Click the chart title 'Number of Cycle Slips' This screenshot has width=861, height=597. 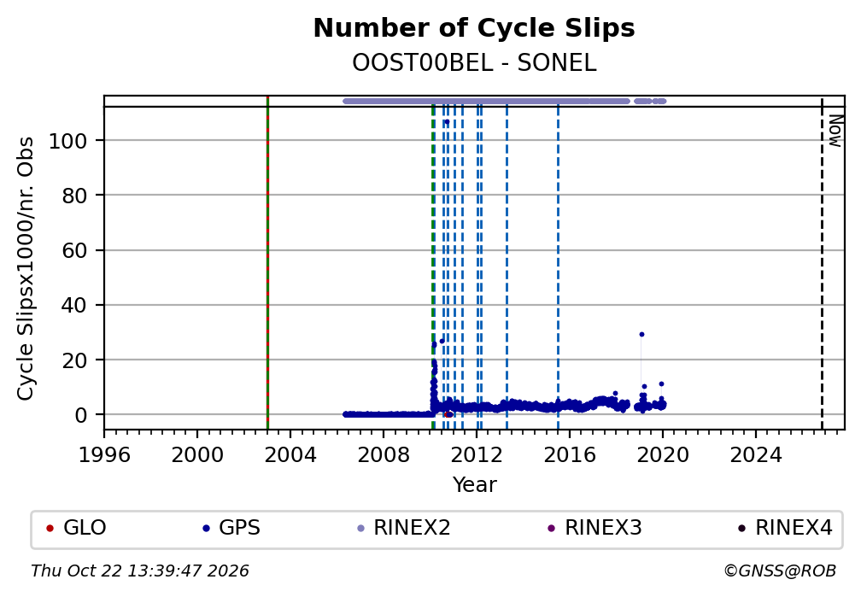pos(474,28)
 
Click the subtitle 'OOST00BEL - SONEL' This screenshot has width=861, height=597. pos(474,63)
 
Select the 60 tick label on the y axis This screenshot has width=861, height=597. pos(74,250)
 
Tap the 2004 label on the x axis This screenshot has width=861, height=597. pos(290,455)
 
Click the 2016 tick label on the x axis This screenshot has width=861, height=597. pos(570,455)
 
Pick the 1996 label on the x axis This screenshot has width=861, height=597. pos(104,455)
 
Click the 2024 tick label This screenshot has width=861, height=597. pos(756,455)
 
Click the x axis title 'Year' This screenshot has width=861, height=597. pos(474,484)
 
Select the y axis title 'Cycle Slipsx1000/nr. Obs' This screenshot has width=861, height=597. pos(26,268)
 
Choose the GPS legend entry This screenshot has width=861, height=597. pos(231,528)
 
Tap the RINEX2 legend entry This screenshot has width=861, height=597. pos(403,528)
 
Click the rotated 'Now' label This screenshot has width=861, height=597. pos(835,131)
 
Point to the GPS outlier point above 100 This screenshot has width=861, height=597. pos(447,122)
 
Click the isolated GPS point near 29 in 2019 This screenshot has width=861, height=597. pos(641,335)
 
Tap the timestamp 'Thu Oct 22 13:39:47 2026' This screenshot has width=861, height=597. pos(140,571)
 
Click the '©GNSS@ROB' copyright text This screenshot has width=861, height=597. pos(780,571)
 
